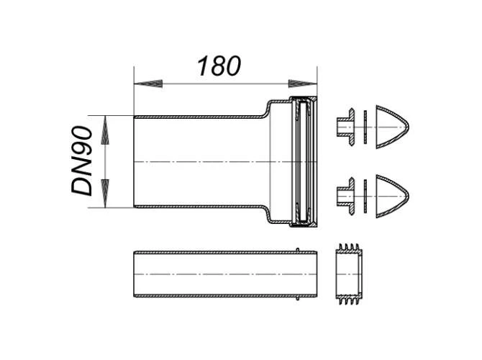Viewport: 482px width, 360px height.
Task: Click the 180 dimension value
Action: [x=219, y=66]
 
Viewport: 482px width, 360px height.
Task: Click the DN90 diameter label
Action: [x=82, y=161]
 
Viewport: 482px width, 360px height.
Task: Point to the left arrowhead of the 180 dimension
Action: [x=148, y=84]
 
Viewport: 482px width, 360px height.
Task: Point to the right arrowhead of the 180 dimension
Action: [x=302, y=84]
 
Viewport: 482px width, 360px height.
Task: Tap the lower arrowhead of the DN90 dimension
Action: [x=105, y=193]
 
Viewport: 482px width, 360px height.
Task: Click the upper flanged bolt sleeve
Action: [x=346, y=127]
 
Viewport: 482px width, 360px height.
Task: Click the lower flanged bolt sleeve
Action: [x=346, y=196]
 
